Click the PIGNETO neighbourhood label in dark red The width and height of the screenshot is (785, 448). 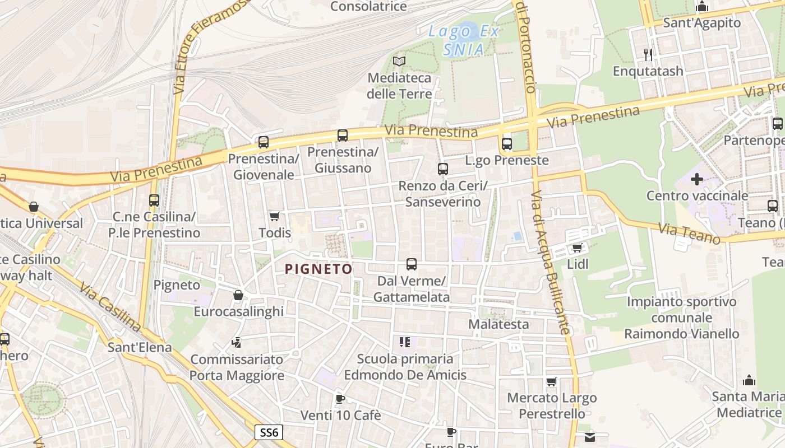[x=318, y=269]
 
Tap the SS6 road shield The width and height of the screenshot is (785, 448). [x=269, y=432]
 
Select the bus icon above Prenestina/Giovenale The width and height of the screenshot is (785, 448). [x=264, y=142]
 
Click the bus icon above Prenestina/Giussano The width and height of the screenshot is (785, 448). [x=343, y=136]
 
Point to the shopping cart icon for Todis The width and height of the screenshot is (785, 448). [x=274, y=216]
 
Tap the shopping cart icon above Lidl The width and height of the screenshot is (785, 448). [x=577, y=248]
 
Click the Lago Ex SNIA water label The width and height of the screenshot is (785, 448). [x=463, y=40]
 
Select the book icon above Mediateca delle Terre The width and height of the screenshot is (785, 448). [x=399, y=61]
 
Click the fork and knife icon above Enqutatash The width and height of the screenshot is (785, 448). [x=648, y=54]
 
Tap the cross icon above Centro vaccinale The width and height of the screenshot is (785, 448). [x=697, y=179]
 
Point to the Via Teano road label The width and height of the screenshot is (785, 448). [x=689, y=234]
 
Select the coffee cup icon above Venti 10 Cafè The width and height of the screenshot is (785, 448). [x=340, y=399]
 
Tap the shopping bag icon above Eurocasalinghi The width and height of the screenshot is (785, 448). [x=238, y=295]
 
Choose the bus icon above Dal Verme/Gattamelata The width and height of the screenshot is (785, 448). [x=412, y=264]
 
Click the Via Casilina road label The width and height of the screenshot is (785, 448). [x=109, y=307]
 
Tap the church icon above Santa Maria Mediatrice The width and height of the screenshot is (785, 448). [x=749, y=381]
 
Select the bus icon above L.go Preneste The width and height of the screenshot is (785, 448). [x=507, y=144]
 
